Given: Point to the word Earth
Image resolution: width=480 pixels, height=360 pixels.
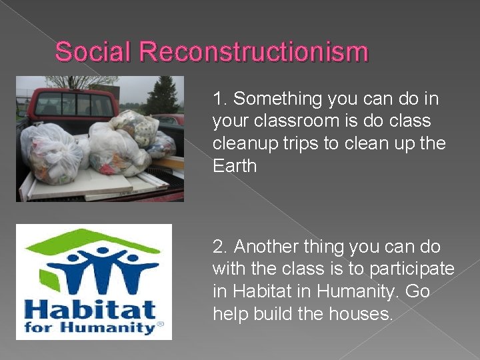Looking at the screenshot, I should tap(235, 166).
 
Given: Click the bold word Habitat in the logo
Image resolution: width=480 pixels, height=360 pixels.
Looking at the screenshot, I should tap(90, 309).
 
